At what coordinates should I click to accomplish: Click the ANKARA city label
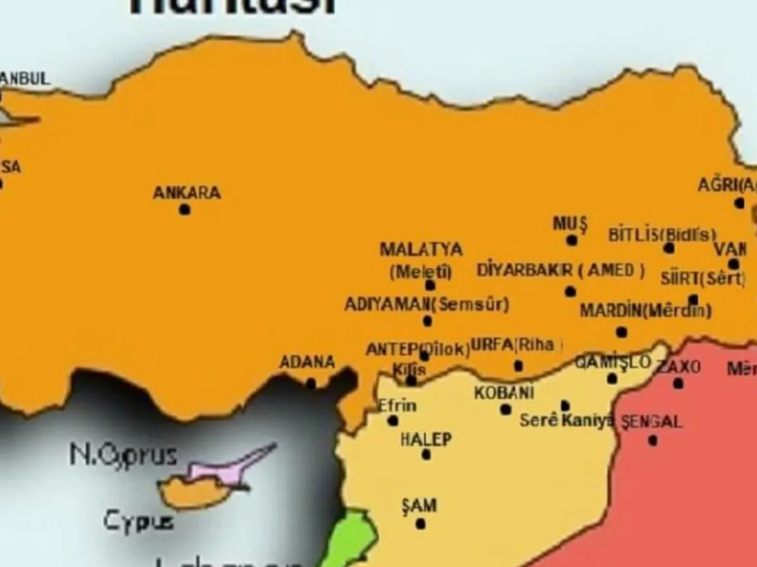[x=186, y=193]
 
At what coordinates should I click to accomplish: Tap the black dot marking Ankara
[x=185, y=209]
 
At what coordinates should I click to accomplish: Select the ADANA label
[x=307, y=362]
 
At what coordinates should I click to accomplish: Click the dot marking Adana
[x=310, y=383]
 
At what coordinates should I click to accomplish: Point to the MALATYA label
[x=421, y=250]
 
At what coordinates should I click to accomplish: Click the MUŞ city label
[x=571, y=224]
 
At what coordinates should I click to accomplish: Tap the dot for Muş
[x=572, y=240]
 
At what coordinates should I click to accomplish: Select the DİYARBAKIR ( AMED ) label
[x=561, y=270]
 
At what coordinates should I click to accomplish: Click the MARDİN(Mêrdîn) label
[x=645, y=311]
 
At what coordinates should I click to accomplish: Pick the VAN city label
[x=731, y=249]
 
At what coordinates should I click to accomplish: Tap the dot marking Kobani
[x=505, y=409]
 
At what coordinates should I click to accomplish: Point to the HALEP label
[x=426, y=439]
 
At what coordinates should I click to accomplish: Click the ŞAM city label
[x=419, y=507]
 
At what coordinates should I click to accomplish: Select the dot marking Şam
[x=420, y=524]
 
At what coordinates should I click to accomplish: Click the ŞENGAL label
[x=651, y=422]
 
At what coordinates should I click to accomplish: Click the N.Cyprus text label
[x=123, y=455]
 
